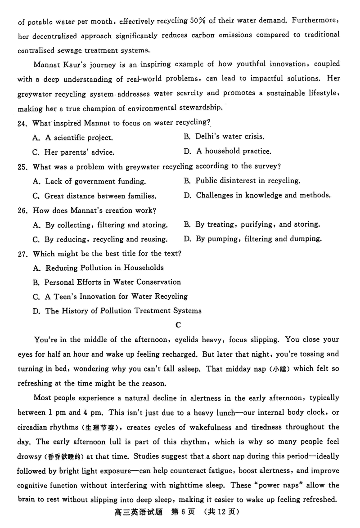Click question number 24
[x=23, y=122]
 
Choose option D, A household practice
[x=227, y=151]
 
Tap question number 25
[x=23, y=166]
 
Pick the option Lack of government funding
[x=90, y=181]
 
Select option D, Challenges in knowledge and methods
[x=257, y=195]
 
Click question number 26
[x=23, y=210]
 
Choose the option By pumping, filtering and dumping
[x=252, y=238]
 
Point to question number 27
[x=23, y=253]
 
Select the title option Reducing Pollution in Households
[x=99, y=268]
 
